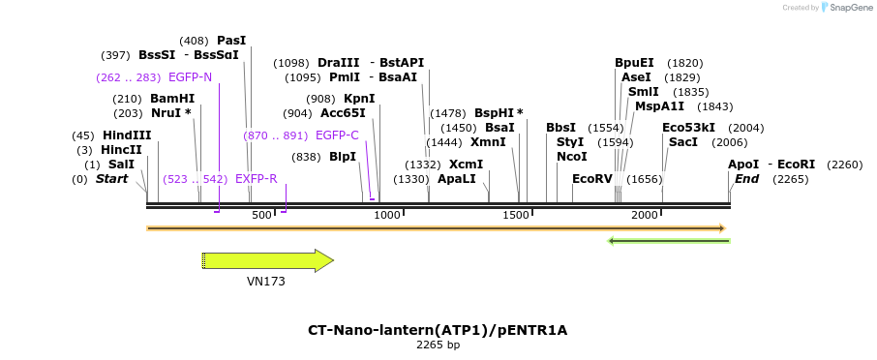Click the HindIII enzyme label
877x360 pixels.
127,135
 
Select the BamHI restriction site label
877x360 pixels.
172,99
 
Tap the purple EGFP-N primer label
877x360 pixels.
190,77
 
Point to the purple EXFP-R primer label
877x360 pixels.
257,179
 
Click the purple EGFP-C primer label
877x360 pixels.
337,135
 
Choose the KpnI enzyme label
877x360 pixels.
359,99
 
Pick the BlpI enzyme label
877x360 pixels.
343,157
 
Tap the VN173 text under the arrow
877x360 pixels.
266,282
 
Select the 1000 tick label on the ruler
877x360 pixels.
387,215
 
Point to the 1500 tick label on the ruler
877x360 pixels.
516,215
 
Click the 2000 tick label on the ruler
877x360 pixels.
645,215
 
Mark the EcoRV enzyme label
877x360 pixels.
592,179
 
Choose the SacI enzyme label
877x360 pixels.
683,142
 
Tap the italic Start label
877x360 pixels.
111,179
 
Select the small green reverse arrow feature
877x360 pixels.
668,241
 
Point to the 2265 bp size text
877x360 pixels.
438,345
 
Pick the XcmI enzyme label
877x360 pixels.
466,165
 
